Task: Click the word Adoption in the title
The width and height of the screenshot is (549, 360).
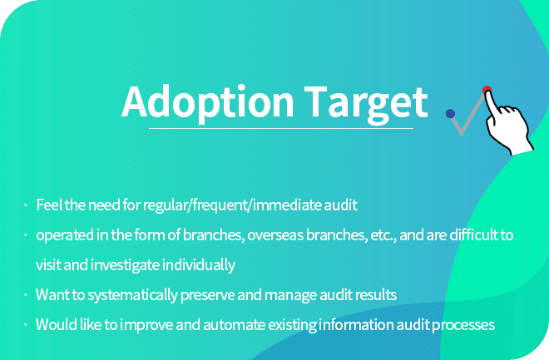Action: pos(208,103)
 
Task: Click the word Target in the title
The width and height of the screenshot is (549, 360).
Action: pos(365,104)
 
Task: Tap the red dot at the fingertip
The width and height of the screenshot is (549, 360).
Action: pos(487,90)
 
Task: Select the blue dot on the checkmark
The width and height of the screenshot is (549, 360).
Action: pos(450,114)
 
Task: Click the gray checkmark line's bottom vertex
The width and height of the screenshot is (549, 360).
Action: pos(462,134)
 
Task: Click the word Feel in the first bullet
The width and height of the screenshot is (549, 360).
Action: pos(49,205)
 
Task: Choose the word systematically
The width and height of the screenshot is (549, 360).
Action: pos(133,295)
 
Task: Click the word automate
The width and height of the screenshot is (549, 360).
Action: pos(235,325)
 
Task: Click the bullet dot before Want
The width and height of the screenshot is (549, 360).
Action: pos(26,295)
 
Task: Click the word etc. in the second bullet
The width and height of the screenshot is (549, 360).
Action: pos(383,235)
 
